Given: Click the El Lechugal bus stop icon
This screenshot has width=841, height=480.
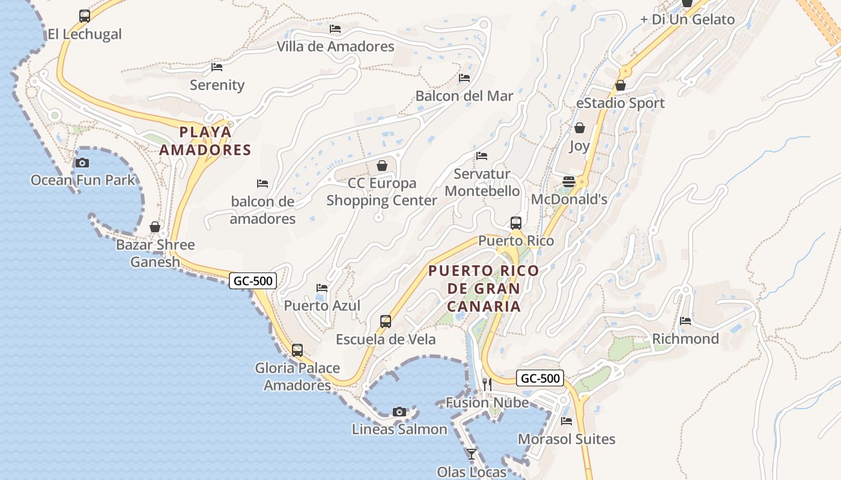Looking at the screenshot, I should pyautogui.click(x=84, y=16).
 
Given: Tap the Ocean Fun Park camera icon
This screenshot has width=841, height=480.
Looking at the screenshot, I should pyautogui.click(x=82, y=163).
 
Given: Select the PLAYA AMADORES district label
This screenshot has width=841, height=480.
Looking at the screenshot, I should pyautogui.click(x=205, y=141).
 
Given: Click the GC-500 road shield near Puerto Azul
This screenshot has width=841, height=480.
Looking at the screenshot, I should pyautogui.click(x=252, y=280).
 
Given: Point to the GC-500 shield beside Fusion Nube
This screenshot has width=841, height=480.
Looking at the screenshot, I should pyautogui.click(x=540, y=378).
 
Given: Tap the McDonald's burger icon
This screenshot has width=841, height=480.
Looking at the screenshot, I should pyautogui.click(x=568, y=182).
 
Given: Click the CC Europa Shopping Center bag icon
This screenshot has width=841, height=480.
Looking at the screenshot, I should pyautogui.click(x=381, y=166).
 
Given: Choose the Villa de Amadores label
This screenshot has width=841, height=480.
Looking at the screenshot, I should pyautogui.click(x=335, y=46).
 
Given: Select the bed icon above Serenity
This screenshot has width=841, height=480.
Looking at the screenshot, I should pyautogui.click(x=217, y=67).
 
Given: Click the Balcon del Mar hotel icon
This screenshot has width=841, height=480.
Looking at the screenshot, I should pyautogui.click(x=464, y=78).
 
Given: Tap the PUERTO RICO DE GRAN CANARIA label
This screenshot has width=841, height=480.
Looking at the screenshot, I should pyautogui.click(x=484, y=289).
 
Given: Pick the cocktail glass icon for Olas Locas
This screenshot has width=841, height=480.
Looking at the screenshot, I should pyautogui.click(x=472, y=454).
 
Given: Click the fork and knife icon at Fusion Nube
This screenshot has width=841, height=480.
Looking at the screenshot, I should pyautogui.click(x=487, y=385).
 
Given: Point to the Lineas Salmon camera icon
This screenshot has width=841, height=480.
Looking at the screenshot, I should pyautogui.click(x=399, y=412).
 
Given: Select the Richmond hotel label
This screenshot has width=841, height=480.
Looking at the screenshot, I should pyautogui.click(x=685, y=339).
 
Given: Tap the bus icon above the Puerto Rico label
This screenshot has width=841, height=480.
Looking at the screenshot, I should pyautogui.click(x=515, y=223).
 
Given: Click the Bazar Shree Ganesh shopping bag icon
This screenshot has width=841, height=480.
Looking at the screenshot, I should pyautogui.click(x=155, y=227).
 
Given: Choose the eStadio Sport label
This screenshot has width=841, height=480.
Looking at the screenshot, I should pyautogui.click(x=620, y=103).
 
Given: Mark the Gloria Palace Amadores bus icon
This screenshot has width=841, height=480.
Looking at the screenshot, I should pyautogui.click(x=297, y=350).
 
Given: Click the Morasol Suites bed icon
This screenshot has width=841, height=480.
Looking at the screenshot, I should pyautogui.click(x=566, y=421).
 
